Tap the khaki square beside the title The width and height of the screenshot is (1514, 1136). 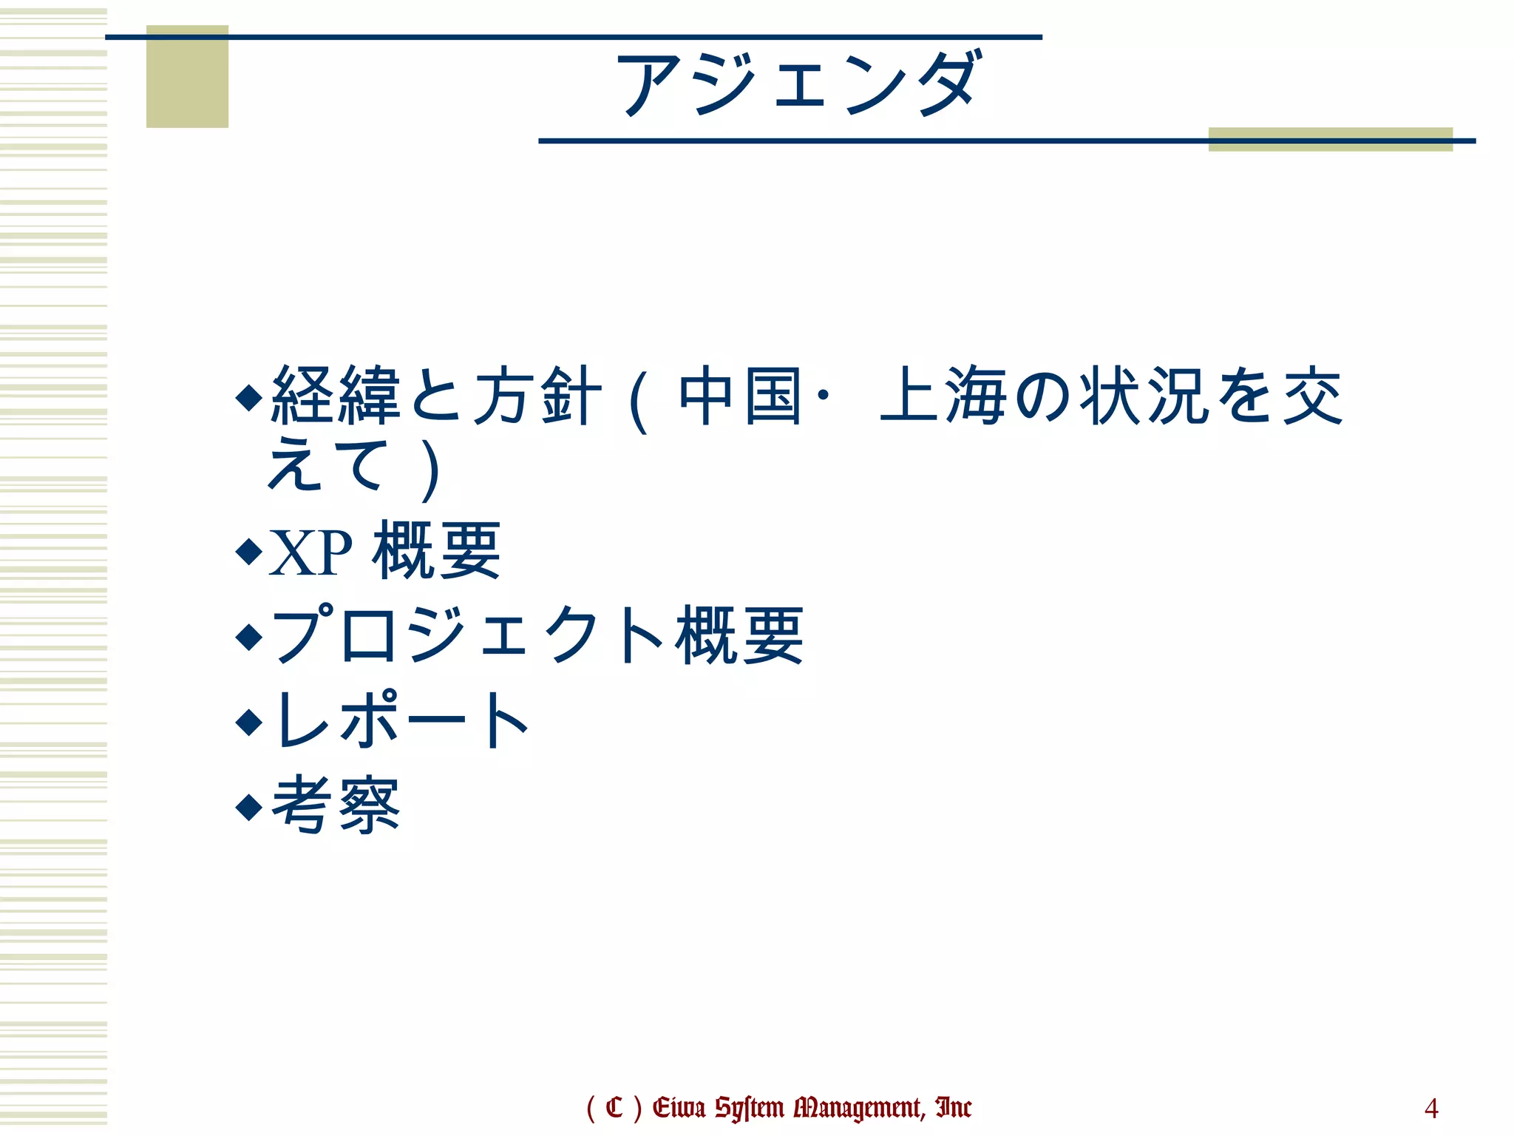(x=187, y=77)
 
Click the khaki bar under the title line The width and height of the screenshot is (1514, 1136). (x=1330, y=140)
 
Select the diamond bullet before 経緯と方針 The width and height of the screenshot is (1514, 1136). (x=249, y=397)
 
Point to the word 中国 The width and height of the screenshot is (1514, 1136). (x=740, y=397)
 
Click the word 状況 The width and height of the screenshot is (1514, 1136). (x=1145, y=397)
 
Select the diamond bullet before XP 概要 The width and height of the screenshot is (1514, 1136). (x=249, y=551)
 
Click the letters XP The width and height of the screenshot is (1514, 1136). (x=310, y=552)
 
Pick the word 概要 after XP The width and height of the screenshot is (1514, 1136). (x=437, y=551)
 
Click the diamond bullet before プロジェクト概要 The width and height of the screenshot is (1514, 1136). (x=249, y=636)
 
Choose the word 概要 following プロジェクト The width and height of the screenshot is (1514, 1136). (x=739, y=636)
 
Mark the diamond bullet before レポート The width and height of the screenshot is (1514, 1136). (x=249, y=721)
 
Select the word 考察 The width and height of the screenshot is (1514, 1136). (x=336, y=806)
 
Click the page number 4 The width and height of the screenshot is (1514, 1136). (x=1431, y=1108)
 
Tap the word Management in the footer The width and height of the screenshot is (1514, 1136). (x=858, y=1108)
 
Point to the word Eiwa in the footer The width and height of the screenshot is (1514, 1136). (x=679, y=1108)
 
